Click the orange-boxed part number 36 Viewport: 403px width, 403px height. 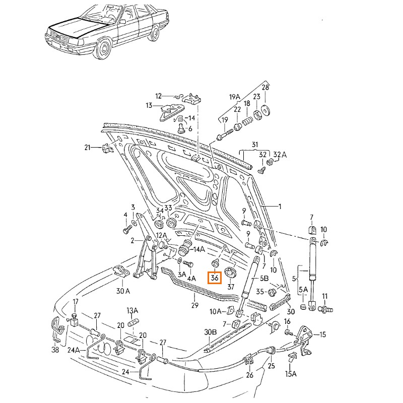215,278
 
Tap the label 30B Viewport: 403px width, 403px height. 210,332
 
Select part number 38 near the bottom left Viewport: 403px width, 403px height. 55,350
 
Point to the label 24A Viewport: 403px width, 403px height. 74,350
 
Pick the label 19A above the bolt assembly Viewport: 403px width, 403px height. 235,97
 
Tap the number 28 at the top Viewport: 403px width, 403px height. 265,87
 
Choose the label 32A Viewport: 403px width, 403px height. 280,154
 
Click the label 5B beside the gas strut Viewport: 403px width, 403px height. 264,278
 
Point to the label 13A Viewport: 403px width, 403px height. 132,310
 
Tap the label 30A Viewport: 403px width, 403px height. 123,291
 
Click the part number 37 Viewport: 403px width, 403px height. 231,287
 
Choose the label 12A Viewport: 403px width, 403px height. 161,236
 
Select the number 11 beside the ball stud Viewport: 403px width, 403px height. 325,296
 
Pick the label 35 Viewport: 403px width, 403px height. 260,291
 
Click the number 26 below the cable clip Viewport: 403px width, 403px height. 250,375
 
